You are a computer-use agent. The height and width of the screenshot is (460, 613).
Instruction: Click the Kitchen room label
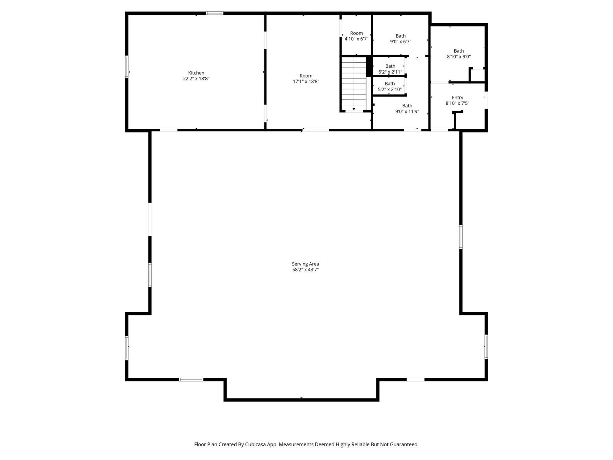196,73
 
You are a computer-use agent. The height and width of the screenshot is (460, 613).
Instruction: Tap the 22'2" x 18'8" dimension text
196,79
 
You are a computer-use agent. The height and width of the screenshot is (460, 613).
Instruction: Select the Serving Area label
305,264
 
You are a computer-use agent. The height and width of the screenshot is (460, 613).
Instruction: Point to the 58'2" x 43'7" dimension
305,270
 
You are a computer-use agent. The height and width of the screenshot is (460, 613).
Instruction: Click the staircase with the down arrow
354,83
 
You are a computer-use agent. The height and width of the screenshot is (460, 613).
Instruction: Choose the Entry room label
457,97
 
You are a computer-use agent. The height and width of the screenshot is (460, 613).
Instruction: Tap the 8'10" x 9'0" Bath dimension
458,57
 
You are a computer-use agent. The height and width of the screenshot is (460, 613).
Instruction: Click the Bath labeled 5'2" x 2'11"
390,66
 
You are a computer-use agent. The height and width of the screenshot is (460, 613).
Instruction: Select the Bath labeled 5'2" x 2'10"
390,84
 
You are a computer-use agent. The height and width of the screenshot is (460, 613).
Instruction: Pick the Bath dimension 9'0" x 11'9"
407,111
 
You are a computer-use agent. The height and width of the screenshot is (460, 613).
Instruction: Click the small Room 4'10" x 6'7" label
356,33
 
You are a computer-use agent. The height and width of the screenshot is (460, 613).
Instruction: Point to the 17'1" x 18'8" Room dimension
306,81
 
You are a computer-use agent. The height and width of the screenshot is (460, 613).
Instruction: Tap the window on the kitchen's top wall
214,13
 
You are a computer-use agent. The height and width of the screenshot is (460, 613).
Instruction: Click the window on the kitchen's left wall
127,66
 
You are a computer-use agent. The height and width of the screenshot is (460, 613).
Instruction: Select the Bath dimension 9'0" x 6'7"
400,42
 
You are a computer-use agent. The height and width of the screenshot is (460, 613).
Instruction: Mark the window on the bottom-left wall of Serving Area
191,379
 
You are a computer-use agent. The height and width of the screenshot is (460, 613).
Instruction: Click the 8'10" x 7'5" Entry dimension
457,103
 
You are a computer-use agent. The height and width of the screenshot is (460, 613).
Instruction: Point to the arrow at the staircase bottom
354,109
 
